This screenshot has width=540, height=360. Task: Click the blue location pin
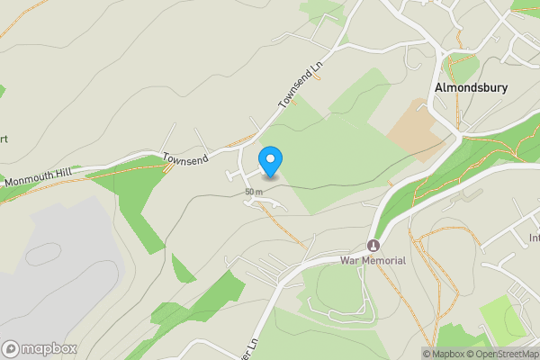(x=271, y=160)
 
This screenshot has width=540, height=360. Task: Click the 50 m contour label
(x=253, y=192)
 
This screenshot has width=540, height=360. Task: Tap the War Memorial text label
(x=373, y=261)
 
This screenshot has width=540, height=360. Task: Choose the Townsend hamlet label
(x=185, y=158)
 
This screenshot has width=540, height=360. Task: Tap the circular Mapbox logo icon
(x=11, y=348)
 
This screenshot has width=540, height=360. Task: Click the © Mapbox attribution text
(x=444, y=354)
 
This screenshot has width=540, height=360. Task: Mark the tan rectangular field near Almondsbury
(x=415, y=130)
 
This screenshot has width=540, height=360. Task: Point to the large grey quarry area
(x=45, y=270)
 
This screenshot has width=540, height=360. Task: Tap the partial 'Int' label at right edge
(x=534, y=238)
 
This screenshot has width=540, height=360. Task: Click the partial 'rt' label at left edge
(x=4, y=139)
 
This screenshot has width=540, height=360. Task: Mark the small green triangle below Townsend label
(x=183, y=268)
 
